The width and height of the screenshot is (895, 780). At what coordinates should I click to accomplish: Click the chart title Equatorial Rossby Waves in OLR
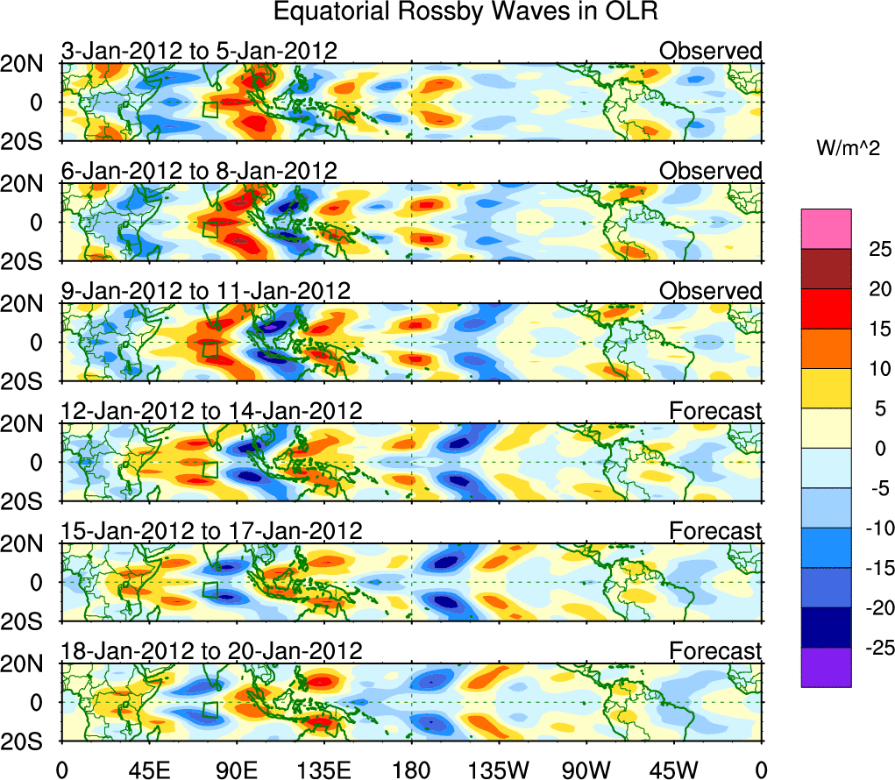click(x=465, y=12)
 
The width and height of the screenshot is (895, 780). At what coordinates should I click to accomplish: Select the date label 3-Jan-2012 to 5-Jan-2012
click(x=199, y=51)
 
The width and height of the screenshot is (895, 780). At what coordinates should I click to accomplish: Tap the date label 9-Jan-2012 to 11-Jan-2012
click(x=206, y=290)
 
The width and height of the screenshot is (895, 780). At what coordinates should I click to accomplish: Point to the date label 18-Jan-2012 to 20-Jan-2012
click(x=211, y=650)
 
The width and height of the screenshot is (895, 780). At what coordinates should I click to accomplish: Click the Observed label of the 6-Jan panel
click(x=710, y=171)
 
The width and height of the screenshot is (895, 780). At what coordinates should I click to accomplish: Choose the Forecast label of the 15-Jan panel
click(x=715, y=530)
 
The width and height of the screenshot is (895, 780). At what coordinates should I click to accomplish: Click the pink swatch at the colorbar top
click(x=826, y=230)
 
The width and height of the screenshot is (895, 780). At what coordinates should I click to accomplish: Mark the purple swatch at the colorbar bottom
click(x=826, y=667)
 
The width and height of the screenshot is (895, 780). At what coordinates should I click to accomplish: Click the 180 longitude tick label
click(x=412, y=769)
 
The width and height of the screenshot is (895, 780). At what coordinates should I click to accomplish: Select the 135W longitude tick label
click(x=499, y=769)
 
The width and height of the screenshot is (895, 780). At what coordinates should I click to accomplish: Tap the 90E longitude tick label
click(x=237, y=769)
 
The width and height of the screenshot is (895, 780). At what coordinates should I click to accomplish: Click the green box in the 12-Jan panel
click(x=210, y=470)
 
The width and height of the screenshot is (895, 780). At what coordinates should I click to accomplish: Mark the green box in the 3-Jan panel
click(x=210, y=110)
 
